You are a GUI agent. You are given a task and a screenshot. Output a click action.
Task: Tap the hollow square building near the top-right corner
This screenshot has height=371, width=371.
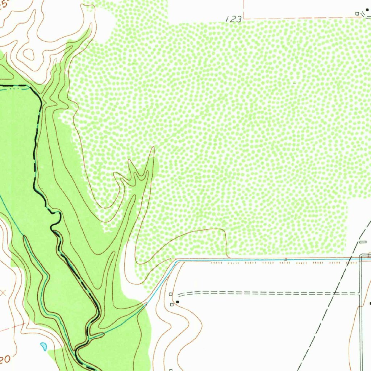(357, 14)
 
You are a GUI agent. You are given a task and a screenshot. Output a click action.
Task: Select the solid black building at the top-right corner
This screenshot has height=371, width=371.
(367, 10)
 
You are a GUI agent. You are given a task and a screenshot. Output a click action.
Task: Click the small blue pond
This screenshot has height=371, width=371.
(43, 346)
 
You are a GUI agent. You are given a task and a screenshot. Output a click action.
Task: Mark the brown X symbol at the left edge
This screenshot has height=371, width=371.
(3, 293)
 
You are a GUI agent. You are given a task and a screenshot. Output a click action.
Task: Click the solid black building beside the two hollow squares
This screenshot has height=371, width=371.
(177, 301)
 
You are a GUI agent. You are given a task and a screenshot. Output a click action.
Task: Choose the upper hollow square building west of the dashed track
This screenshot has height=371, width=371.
(171, 294)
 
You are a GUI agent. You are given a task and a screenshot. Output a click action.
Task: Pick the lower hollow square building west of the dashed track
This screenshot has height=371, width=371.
(172, 305)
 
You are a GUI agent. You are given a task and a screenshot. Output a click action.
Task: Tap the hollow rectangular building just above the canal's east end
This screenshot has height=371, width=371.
(363, 242)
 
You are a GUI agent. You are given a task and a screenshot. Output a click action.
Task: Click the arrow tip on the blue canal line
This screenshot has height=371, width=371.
(287, 259)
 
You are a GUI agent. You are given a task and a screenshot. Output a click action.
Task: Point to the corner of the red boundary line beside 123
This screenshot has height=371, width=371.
(244, 18)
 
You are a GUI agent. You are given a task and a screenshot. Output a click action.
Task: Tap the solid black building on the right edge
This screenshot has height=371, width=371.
(370, 303)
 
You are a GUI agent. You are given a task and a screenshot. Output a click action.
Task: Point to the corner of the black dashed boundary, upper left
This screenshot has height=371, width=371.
(29, 87)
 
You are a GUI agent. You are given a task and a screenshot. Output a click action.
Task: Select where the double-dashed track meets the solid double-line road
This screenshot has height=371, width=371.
(359, 293)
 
